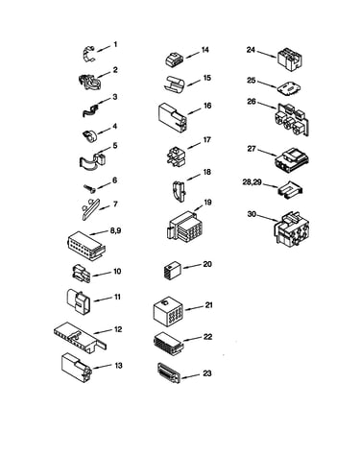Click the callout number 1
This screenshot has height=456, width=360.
click(x=115, y=44)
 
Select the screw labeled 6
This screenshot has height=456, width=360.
click(x=89, y=189)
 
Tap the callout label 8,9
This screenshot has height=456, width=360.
click(x=115, y=230)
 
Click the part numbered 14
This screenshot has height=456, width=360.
click(x=174, y=60)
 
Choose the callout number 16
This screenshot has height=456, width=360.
click(x=207, y=106)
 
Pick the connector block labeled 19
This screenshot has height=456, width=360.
click(x=184, y=228)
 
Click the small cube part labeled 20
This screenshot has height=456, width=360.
click(x=173, y=271)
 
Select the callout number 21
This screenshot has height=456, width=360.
click(x=208, y=305)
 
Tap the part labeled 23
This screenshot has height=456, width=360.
click(x=169, y=372)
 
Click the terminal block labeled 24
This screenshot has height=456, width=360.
click(x=290, y=60)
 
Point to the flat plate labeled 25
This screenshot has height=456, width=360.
click(x=288, y=88)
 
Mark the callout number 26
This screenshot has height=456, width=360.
click(x=252, y=102)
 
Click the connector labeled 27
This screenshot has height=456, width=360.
click(x=292, y=159)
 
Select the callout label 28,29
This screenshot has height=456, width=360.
click(x=252, y=182)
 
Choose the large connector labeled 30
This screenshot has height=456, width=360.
click(x=292, y=228)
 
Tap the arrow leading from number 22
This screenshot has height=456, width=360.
click(x=192, y=339)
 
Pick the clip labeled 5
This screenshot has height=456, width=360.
click(x=93, y=159)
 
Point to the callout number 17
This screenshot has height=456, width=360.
click(x=207, y=140)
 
